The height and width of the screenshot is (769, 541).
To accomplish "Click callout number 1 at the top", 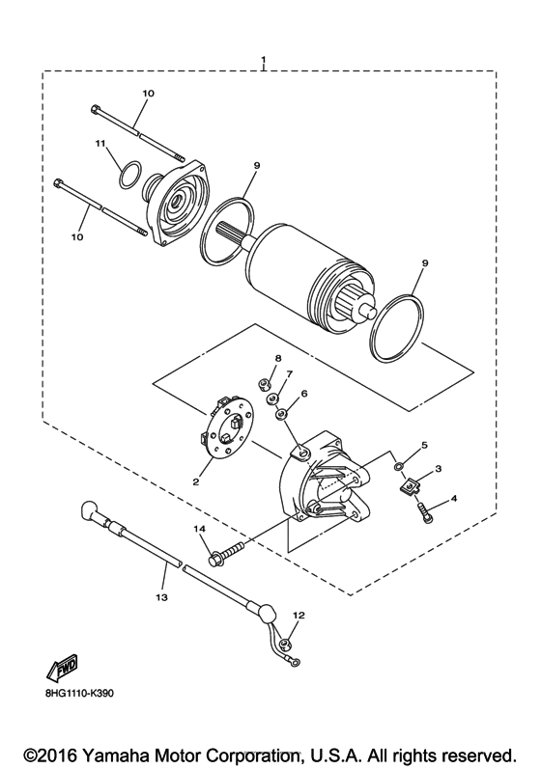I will (263, 61).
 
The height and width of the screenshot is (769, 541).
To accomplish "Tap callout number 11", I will (99, 144).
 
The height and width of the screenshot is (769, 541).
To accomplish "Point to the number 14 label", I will (200, 530).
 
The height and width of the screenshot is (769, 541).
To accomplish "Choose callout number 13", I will (162, 598).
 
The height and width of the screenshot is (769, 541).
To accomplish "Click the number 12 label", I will (299, 615).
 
